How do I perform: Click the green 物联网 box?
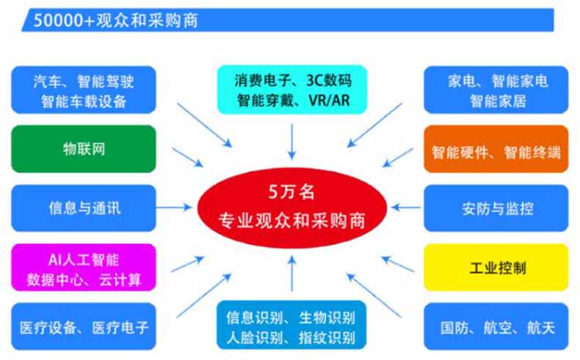[84, 148]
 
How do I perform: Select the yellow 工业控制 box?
[496, 267]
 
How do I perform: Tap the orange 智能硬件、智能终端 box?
[496, 148]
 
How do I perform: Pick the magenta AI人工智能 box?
[84, 267]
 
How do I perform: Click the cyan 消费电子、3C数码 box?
[292, 90]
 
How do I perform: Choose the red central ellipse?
[292, 208]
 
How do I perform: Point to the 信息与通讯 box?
[84, 208]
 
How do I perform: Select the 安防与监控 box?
[496, 208]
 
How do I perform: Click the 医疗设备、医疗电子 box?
[84, 326]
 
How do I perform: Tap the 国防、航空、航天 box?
[496, 326]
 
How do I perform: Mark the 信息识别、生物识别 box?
[291, 325]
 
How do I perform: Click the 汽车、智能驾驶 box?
[84, 90]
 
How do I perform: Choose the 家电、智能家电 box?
[496, 90]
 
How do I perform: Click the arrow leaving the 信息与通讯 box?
[174, 207]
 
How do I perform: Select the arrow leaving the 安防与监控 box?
[405, 207]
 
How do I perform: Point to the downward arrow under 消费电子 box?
[292, 142]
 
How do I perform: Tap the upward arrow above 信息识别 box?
[292, 273]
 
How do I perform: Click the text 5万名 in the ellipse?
[291, 192]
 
